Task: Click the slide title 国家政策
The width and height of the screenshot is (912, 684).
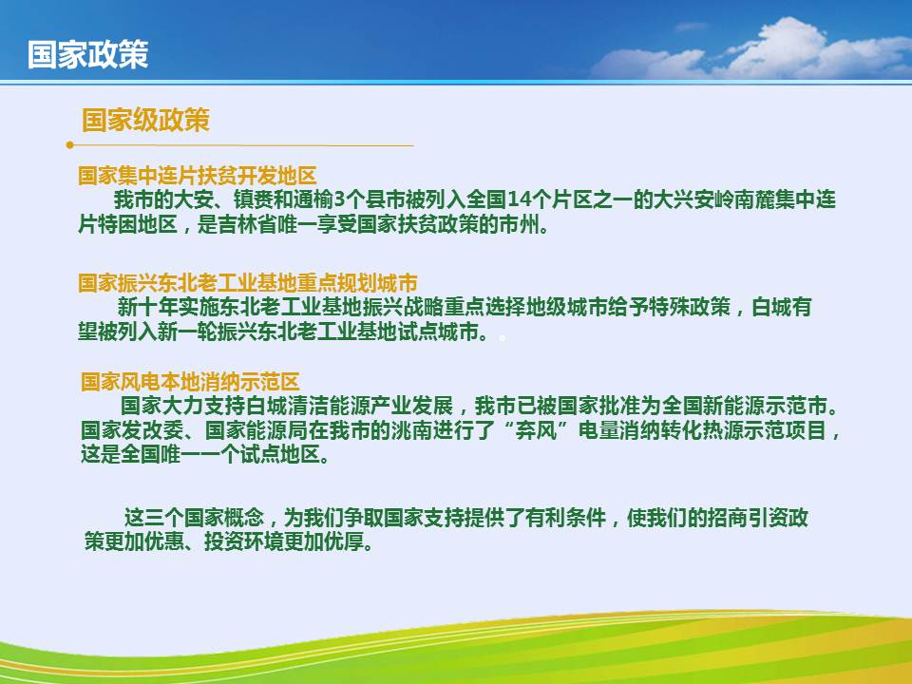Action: (87, 55)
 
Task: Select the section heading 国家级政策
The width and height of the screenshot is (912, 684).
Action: (145, 120)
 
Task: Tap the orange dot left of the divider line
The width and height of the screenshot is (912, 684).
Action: (69, 144)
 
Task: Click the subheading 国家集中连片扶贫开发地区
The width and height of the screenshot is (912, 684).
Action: (198, 175)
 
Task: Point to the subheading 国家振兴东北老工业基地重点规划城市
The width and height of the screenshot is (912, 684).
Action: (248, 283)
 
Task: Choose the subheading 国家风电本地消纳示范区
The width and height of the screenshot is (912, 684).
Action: (190, 382)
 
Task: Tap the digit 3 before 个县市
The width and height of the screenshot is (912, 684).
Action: (340, 200)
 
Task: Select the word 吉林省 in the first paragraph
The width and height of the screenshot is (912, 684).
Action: (247, 224)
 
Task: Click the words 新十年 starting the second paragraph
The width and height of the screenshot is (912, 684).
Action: (147, 307)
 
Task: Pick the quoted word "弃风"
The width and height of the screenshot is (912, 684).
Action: (536, 430)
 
